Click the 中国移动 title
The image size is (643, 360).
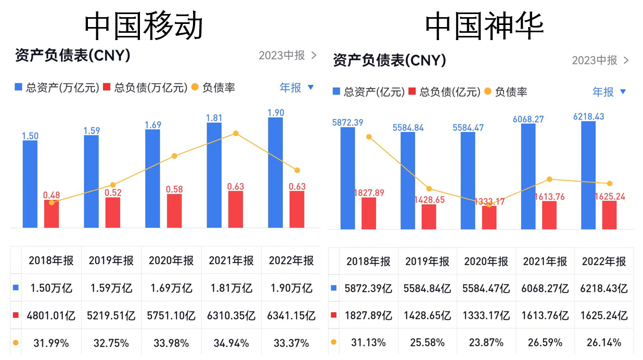coord(144,25)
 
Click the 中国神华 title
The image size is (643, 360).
coord(484,25)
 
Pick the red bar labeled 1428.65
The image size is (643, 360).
coord(429,216)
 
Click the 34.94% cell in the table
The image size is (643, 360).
coord(231,343)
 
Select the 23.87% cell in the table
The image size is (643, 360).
coord(486,343)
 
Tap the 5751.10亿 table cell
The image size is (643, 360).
coord(171,316)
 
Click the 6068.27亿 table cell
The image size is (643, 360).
coord(545,288)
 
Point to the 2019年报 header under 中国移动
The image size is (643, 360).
coord(111,261)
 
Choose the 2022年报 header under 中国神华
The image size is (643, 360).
coord(603,262)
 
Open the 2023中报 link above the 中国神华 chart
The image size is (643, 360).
coord(600,60)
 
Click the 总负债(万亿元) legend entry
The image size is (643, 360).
coord(145,88)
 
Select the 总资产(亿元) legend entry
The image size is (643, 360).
coord(369,92)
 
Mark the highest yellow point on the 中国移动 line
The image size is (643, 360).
coord(236,134)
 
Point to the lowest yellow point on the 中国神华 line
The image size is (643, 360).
coord(488,204)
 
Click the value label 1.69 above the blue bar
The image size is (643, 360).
coord(153,125)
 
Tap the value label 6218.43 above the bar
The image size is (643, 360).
coord(588,117)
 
